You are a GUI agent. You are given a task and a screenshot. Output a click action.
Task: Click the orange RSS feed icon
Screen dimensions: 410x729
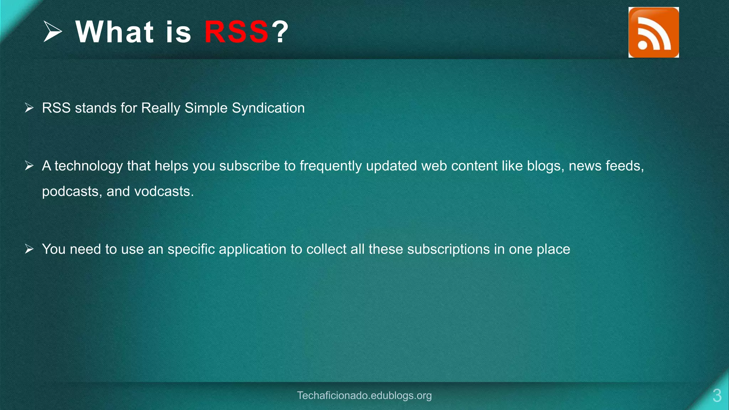click(x=654, y=32)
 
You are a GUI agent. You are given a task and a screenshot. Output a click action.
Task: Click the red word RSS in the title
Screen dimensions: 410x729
click(x=236, y=32)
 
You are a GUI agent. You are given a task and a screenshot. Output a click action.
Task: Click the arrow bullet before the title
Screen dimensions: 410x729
click(x=53, y=31)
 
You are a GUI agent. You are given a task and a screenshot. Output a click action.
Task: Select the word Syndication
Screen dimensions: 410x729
click(x=268, y=108)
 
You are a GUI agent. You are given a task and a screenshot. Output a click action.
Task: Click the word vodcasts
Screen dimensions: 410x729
click(x=164, y=192)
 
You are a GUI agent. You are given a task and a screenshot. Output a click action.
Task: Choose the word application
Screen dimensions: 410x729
click(x=252, y=249)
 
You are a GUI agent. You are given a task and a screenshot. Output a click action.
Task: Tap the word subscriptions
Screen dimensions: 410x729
click(x=448, y=249)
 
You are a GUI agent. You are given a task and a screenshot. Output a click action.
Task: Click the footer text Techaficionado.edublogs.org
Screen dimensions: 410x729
click(x=364, y=395)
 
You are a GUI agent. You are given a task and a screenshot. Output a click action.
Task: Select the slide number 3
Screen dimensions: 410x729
click(x=717, y=396)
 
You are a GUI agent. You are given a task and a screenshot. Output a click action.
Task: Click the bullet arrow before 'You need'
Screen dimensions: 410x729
click(x=29, y=249)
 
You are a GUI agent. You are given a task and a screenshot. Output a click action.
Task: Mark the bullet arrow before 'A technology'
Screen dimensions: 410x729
click(x=29, y=165)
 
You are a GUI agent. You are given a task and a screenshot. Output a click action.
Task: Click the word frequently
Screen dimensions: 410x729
click(x=331, y=166)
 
